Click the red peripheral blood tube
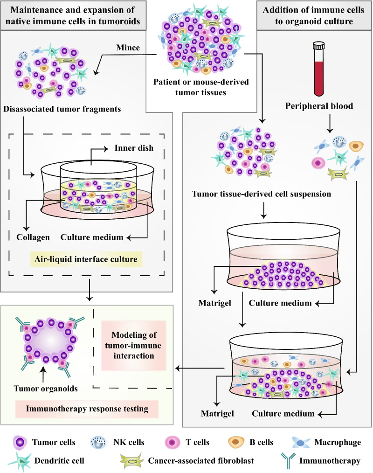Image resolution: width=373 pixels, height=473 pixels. click(318, 64)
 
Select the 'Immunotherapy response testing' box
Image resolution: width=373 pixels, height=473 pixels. click(86, 409)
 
